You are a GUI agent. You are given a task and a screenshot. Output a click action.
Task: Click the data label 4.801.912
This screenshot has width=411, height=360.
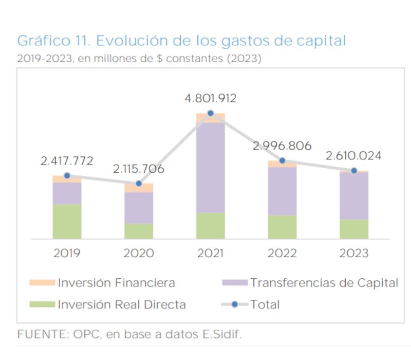pos(211,99)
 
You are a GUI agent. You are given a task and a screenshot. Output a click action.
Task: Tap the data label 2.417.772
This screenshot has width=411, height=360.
pos(67,161)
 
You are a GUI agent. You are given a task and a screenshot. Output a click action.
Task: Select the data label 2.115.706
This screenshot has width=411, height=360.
pos(139,169)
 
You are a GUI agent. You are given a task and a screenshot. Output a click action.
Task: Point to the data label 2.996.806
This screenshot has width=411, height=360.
pos(282,146)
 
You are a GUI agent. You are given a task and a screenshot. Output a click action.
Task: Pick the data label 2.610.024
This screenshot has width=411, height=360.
pos(354,156)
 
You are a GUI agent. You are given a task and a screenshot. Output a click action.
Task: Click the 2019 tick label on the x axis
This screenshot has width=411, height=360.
pos(67,253)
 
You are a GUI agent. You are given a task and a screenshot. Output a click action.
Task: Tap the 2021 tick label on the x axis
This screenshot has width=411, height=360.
pos(211,253)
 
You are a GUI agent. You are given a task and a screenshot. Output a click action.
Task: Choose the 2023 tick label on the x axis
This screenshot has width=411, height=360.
pos(354,253)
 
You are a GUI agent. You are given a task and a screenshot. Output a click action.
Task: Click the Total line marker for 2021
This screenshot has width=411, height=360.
pos(211,113)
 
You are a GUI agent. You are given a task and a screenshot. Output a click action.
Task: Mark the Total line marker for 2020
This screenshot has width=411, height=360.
pos(139,184)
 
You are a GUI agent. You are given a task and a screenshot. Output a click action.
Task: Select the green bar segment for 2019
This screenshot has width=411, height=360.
pos(67,221)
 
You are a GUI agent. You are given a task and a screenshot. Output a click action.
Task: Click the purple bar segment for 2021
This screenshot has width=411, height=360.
pos(211,167)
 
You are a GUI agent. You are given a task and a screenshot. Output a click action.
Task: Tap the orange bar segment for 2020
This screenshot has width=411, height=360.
pos(139,188)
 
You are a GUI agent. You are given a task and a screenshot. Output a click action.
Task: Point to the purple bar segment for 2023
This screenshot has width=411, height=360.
pos(354,195)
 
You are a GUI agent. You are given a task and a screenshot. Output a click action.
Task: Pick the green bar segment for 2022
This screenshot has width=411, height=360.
pos(282,227)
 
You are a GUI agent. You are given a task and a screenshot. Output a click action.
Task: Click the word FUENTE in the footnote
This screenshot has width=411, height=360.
pos(38,334)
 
